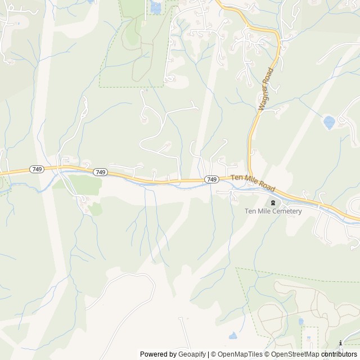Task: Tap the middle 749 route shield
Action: [x=101, y=172]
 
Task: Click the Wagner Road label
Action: [x=265, y=89]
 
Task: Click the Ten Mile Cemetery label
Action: [x=273, y=211]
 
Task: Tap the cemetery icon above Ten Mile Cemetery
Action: [x=273, y=202]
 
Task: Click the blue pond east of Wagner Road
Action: [x=329, y=122]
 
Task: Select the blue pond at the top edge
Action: [x=155, y=7]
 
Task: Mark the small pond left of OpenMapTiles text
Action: [x=232, y=336]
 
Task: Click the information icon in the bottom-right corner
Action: [x=341, y=343]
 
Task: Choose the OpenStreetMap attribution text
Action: [x=292, y=354]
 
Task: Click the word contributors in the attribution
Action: [x=340, y=354]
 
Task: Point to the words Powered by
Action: [x=157, y=354]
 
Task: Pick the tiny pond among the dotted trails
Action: [x=301, y=322]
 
